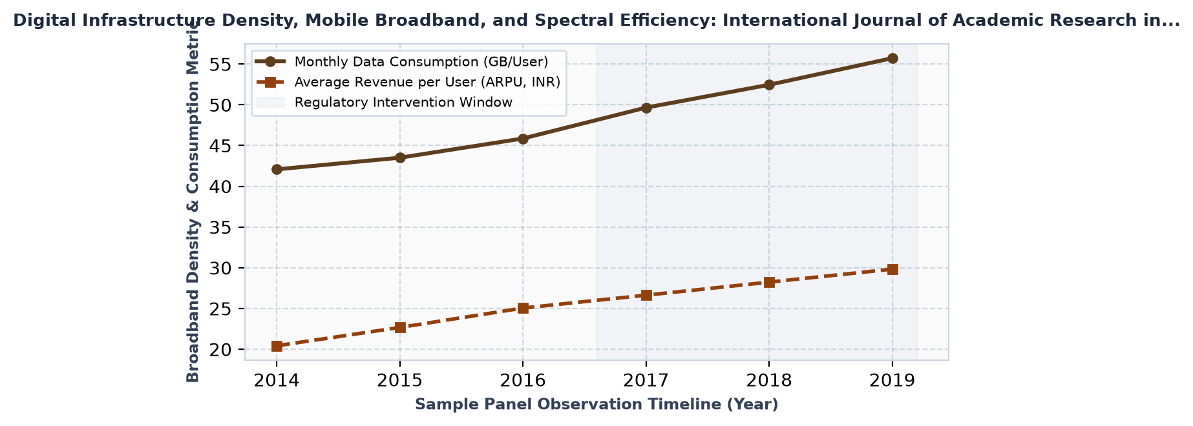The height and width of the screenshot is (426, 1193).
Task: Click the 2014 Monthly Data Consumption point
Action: (x=277, y=169)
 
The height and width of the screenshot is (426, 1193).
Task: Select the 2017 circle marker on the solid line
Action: (x=646, y=108)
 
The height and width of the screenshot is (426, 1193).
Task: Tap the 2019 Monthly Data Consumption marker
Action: (x=892, y=58)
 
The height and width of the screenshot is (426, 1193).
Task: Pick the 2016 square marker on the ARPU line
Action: (x=523, y=308)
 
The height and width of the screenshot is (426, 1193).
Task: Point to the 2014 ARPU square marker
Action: (x=277, y=346)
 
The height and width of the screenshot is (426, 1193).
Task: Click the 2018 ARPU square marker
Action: (x=769, y=282)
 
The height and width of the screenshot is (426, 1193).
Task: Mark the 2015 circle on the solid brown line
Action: (x=400, y=157)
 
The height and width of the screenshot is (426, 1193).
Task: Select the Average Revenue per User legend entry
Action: (x=408, y=82)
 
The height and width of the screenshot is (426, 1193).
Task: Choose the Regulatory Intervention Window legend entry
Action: (x=385, y=102)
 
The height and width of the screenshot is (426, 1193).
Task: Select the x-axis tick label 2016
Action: (x=523, y=380)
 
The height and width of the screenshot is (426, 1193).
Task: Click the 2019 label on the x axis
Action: (x=892, y=380)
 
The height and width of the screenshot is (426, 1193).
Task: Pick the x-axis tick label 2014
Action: (x=277, y=380)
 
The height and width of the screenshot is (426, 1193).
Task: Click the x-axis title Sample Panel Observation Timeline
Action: (x=596, y=405)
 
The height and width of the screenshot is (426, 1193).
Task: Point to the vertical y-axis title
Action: (x=193, y=209)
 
